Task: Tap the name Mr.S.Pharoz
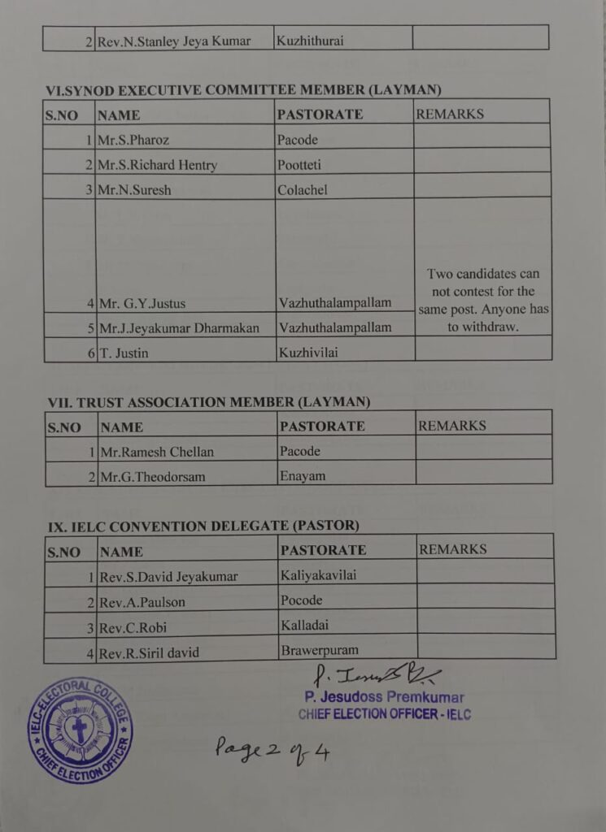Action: click(x=133, y=140)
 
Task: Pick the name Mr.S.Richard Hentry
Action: click(x=158, y=165)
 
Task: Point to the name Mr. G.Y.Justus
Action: click(x=142, y=304)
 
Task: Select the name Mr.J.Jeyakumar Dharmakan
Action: click(x=178, y=328)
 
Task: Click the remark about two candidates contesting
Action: click(x=483, y=300)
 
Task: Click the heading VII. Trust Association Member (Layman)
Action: click(x=209, y=401)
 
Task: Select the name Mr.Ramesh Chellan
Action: click(x=156, y=452)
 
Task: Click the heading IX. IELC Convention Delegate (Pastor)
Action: click(x=203, y=526)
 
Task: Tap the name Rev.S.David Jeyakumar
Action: click(x=168, y=577)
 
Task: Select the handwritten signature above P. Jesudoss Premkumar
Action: click(x=377, y=674)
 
